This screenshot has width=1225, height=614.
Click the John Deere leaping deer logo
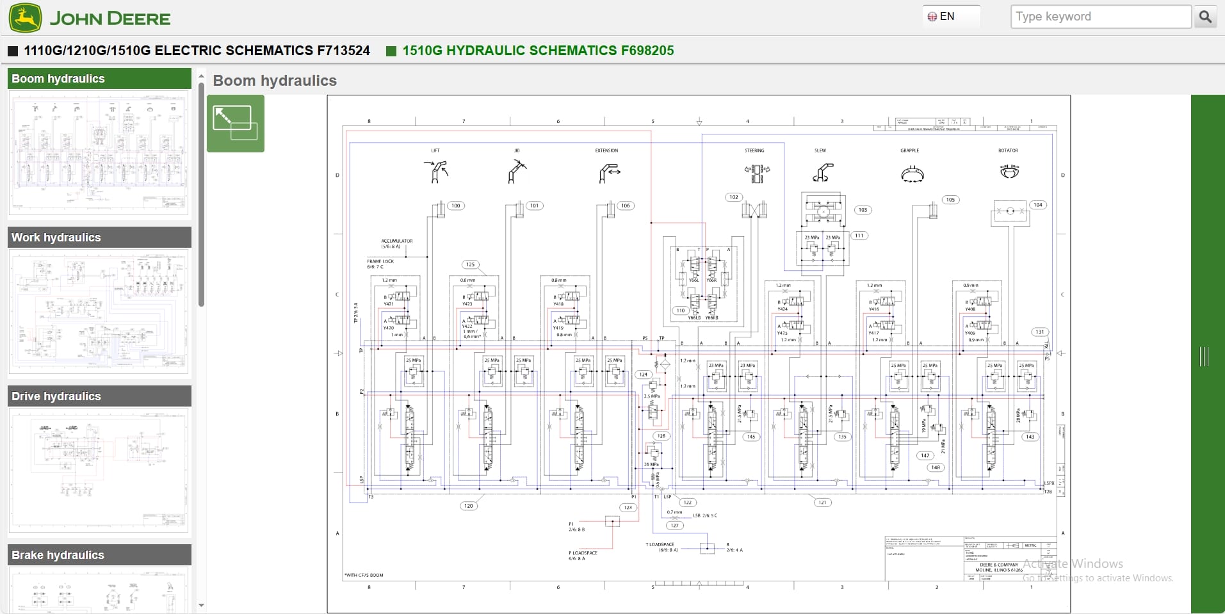pyautogui.click(x=26, y=17)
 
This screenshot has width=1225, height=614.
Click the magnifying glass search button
pyautogui.click(x=1205, y=17)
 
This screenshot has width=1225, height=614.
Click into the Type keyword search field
pyautogui.click(x=1100, y=17)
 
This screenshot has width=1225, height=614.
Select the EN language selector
pyautogui.click(x=943, y=17)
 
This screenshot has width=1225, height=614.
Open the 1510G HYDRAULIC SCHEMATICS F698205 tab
pyautogui.click(x=537, y=51)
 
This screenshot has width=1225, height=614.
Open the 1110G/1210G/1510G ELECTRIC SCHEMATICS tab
pyautogui.click(x=196, y=51)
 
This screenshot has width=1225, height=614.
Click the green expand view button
pyautogui.click(x=235, y=124)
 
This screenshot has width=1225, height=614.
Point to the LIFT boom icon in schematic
pyautogui.click(x=435, y=172)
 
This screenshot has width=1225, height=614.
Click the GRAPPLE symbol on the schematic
pyautogui.click(x=912, y=174)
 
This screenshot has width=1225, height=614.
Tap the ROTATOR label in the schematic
pyautogui.click(x=1008, y=150)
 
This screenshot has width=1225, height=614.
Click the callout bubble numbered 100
pyautogui.click(x=455, y=206)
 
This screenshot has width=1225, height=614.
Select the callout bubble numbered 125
pyautogui.click(x=471, y=264)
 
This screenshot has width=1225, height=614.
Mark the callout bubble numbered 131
pyautogui.click(x=1039, y=332)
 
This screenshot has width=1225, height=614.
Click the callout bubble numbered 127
pyautogui.click(x=674, y=525)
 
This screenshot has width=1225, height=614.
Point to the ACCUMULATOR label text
pyautogui.click(x=397, y=241)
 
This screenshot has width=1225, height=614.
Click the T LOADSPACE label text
pyautogui.click(x=660, y=544)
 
